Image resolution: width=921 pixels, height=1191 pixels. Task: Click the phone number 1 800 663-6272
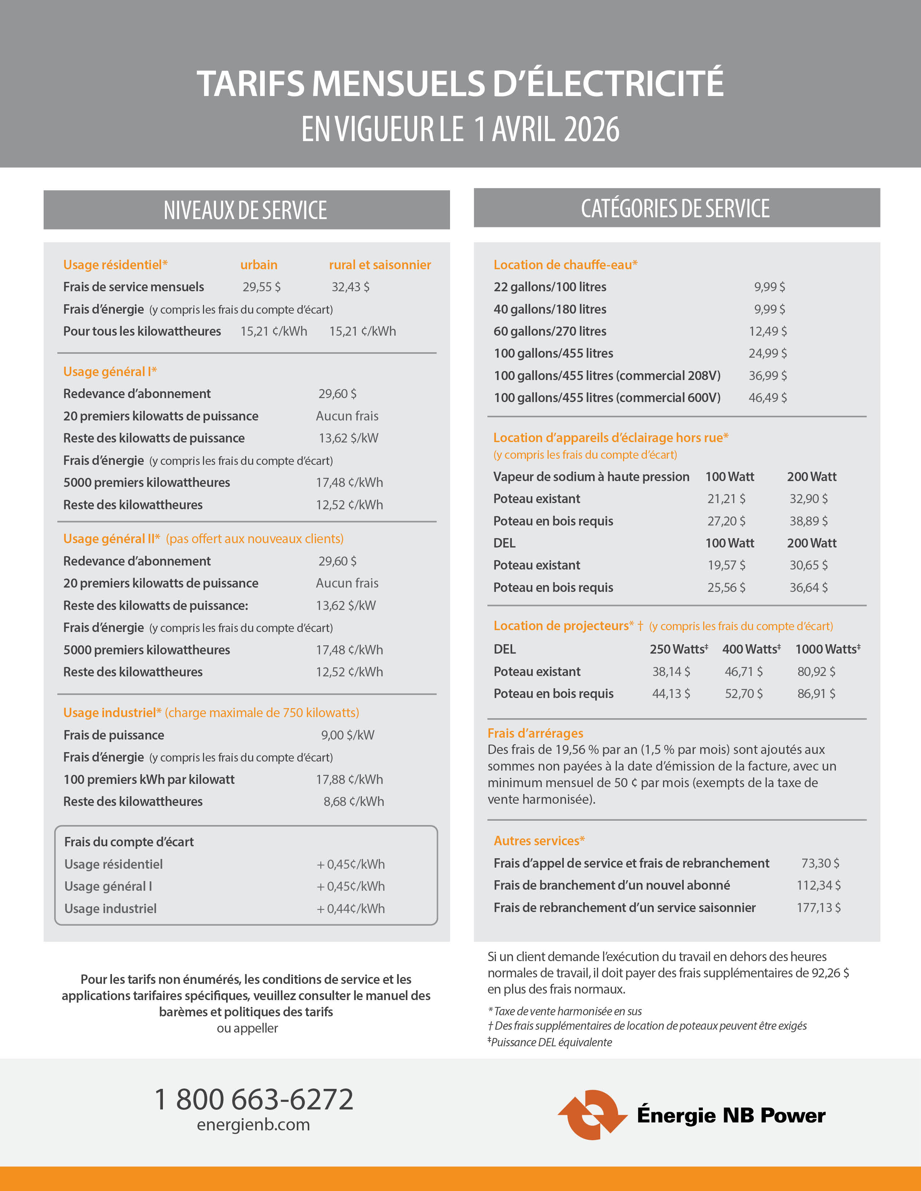coord(254,1099)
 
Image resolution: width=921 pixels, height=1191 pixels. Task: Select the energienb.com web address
coord(253,1125)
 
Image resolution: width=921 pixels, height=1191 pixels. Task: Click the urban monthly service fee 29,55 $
coord(261,287)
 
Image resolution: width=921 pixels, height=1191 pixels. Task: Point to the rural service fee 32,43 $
coord(350,287)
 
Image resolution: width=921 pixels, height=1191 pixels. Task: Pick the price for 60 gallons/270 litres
coord(767,331)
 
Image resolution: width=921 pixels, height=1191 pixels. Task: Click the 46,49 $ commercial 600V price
coord(767,398)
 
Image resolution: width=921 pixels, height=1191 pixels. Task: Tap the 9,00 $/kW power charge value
coord(347,735)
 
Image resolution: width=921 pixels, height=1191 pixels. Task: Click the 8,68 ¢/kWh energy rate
coord(354,802)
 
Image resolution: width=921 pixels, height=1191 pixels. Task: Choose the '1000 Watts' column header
coord(827,649)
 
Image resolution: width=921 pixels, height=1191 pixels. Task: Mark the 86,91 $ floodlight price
coord(816,694)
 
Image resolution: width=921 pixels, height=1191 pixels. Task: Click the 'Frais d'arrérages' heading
coord(535,733)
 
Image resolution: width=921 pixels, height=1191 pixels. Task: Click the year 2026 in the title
coord(592,130)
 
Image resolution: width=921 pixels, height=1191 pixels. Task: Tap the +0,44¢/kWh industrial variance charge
coord(351,908)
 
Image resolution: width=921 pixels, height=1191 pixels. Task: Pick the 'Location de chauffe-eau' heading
coord(565,265)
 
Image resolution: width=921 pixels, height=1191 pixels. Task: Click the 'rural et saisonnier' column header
coord(380,265)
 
